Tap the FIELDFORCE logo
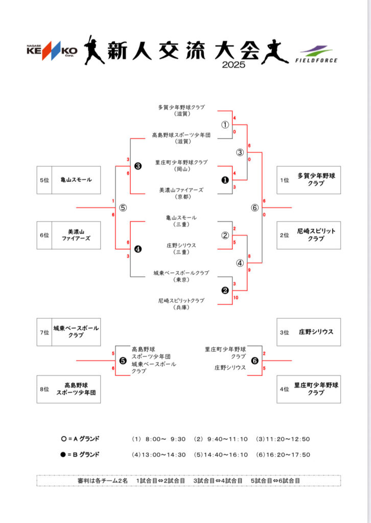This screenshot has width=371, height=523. (316, 55)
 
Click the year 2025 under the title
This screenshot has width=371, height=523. (234, 65)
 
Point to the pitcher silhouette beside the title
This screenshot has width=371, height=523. (275, 52)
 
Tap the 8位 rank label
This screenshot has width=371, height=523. (44, 389)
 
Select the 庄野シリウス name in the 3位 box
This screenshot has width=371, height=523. (316, 331)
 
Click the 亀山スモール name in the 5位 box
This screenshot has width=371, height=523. (76, 180)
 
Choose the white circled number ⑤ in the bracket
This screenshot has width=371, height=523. (123, 208)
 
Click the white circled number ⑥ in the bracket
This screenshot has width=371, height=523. (254, 208)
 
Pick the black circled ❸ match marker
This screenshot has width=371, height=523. (138, 166)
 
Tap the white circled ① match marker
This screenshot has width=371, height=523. (225, 125)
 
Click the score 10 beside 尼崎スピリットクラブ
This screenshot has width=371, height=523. (236, 298)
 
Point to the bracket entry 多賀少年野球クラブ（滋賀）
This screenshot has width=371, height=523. (181, 111)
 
